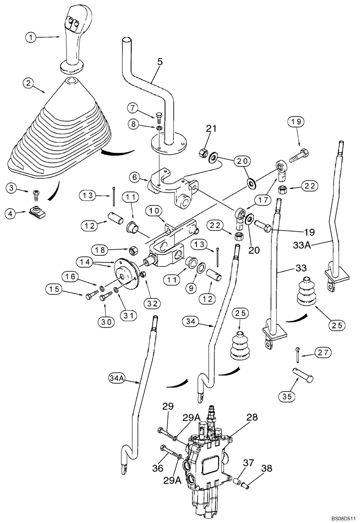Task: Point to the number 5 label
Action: coord(160,62)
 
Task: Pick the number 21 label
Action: coord(210,129)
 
